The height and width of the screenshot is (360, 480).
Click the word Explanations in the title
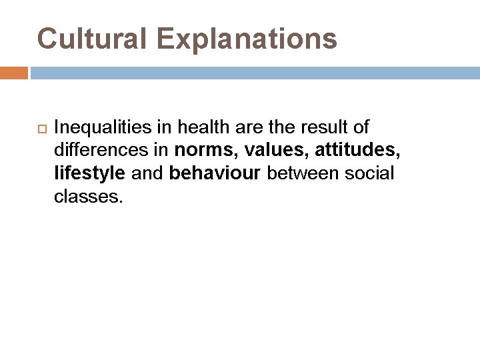click(x=247, y=39)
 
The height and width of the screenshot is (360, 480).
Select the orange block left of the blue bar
click(x=13, y=73)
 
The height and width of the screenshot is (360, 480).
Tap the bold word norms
click(x=201, y=150)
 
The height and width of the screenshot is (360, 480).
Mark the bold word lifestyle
click(x=89, y=173)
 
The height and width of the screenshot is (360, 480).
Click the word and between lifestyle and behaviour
click(x=147, y=173)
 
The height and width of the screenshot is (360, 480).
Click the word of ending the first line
click(x=360, y=127)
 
